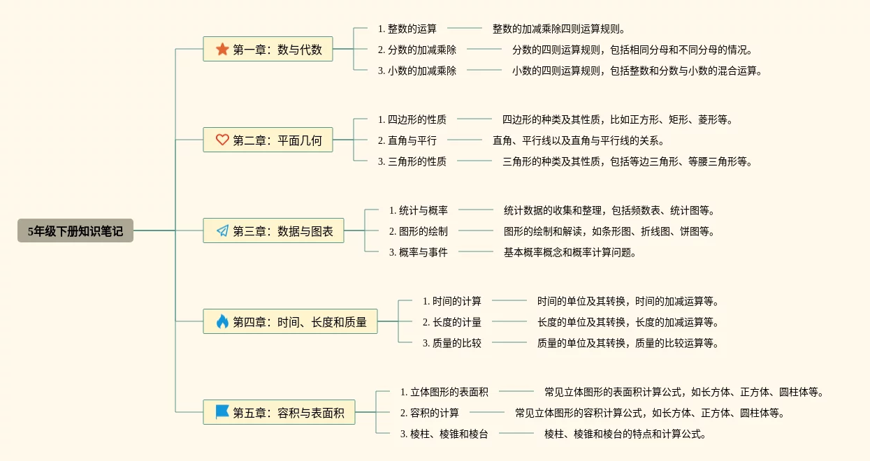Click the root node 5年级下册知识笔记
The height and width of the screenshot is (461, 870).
[75, 231]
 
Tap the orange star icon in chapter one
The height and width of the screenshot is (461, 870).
[222, 49]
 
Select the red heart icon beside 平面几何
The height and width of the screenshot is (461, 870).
[222, 140]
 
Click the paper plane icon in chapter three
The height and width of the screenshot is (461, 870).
[222, 230]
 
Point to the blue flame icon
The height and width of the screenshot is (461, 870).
[222, 321]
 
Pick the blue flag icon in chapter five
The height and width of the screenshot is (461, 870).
[222, 412]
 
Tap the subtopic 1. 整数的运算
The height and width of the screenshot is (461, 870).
[407, 29]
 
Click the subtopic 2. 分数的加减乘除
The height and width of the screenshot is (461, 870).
[416, 50]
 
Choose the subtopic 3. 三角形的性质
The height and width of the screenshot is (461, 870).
[412, 161]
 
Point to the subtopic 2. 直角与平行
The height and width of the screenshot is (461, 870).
[407, 140]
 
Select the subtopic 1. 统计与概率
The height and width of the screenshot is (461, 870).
[418, 210]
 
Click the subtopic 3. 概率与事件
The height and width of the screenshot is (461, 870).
[418, 252]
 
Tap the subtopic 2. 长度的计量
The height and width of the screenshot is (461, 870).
[451, 322]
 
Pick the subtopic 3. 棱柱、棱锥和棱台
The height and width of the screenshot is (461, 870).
[444, 434]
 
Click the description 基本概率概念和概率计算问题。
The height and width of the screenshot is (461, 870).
[570, 252]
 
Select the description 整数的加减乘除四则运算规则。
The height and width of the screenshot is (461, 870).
[559, 29]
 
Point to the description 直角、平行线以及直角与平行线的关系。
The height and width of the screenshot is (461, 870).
[579, 140]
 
